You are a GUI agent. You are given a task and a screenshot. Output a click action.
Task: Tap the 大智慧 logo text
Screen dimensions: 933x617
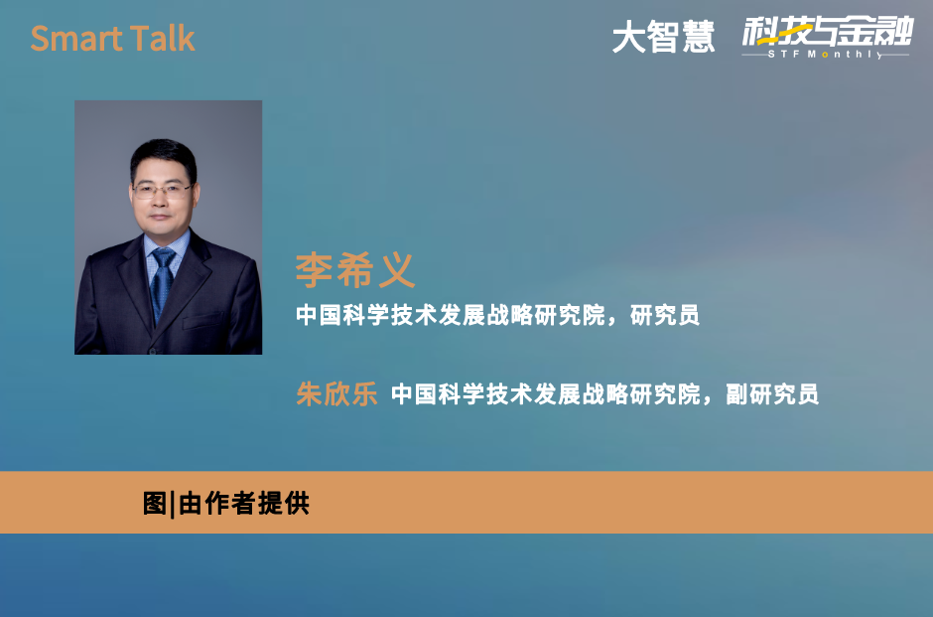[663, 38]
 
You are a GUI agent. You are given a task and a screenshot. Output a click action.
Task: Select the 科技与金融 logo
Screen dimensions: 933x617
[827, 32]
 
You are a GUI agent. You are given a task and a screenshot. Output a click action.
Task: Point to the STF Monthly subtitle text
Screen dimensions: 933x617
[826, 55]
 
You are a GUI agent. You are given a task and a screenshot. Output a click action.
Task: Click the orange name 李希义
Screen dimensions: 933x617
[355, 270]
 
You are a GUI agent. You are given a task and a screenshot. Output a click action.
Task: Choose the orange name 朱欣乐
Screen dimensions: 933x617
[336, 394]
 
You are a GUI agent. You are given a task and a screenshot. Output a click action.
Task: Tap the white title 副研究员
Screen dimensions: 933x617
[772, 394]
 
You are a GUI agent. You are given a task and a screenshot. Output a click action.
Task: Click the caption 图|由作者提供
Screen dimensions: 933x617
[226, 504]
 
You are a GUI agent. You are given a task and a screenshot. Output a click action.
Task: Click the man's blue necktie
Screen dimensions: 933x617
[161, 283]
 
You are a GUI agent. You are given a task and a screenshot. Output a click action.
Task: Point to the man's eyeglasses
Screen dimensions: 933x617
[162, 191]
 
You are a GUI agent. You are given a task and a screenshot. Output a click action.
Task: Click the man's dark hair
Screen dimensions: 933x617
[163, 156]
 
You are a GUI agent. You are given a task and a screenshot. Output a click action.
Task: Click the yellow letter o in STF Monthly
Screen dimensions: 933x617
[825, 55]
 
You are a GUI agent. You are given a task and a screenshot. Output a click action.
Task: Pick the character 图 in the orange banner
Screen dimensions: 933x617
[155, 504]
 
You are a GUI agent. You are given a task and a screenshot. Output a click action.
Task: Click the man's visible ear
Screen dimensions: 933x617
[196, 194]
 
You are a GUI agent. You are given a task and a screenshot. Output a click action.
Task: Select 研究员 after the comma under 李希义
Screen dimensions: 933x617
[665, 315]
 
